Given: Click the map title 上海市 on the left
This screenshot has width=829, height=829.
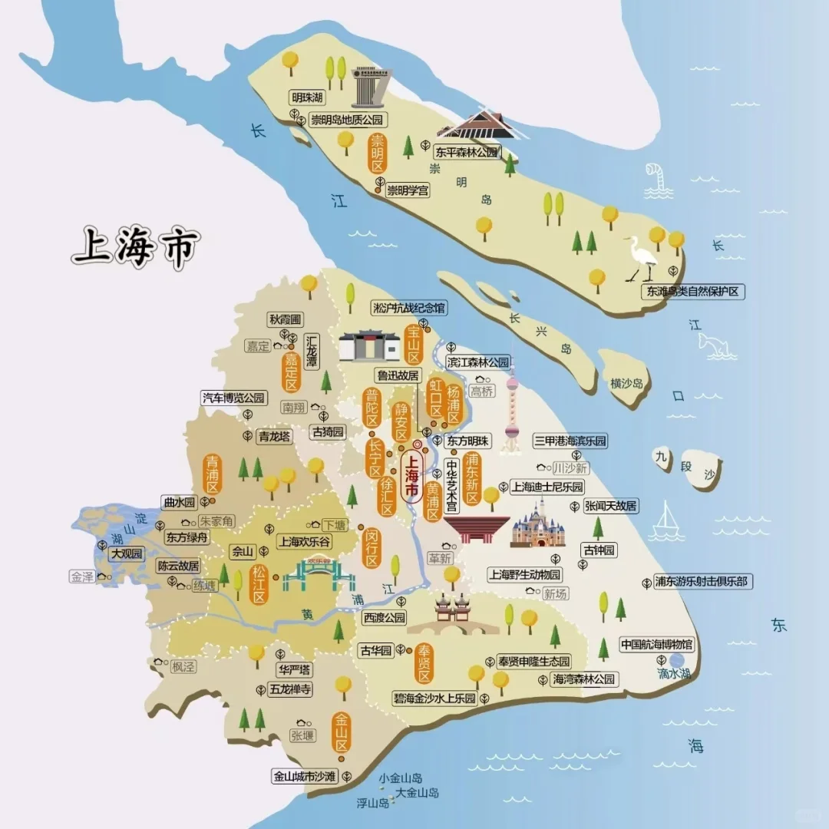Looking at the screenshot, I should [x=136, y=246].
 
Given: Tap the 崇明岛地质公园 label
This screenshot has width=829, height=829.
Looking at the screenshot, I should [x=345, y=120].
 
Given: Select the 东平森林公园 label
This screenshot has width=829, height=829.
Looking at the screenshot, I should [x=467, y=152].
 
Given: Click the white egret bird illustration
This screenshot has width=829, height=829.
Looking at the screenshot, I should [x=641, y=258].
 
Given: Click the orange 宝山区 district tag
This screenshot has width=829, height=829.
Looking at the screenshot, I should [x=414, y=343].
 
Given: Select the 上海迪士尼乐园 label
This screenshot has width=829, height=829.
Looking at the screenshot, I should [x=547, y=487].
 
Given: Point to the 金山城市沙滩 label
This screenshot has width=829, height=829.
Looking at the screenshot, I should [x=306, y=776].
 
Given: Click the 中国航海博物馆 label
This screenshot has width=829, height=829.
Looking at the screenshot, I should [x=657, y=644].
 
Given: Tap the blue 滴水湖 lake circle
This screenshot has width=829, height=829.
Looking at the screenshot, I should [x=677, y=660].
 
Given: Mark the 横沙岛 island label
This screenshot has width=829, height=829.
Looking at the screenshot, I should [x=626, y=382].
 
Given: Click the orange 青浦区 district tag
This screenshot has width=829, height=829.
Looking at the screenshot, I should [x=212, y=474].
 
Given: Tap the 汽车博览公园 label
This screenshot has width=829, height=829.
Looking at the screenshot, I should [x=233, y=398].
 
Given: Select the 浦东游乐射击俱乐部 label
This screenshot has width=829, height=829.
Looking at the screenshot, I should [x=700, y=582].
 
